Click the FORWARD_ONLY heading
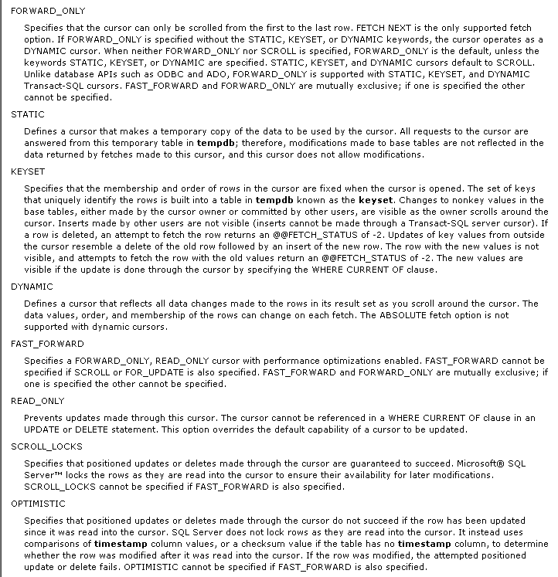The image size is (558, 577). pyautogui.click(x=48, y=10)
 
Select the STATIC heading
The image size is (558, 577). pyautogui.click(x=28, y=114)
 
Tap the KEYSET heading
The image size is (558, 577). pyautogui.click(x=29, y=171)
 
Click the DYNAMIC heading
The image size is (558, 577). pyautogui.click(x=32, y=286)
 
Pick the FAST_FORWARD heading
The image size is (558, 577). pyautogui.click(x=47, y=343)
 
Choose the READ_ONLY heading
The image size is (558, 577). pyautogui.click(x=37, y=401)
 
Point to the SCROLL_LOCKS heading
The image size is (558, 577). pyautogui.click(x=46, y=446)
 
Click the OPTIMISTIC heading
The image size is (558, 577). pyautogui.click(x=38, y=504)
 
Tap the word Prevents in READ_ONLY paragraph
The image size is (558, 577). pyautogui.click(x=43, y=418)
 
